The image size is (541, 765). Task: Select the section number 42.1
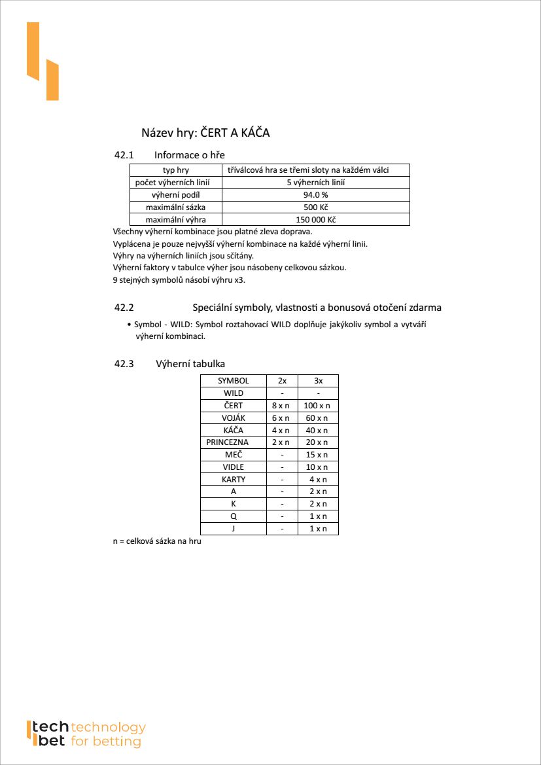pyautogui.click(x=124, y=155)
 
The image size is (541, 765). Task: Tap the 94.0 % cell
pyautogui.click(x=315, y=195)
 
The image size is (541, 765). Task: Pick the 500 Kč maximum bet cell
pyautogui.click(x=315, y=207)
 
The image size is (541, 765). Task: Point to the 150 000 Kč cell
pyautogui.click(x=315, y=220)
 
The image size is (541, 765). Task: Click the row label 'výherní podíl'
pyautogui.click(x=175, y=195)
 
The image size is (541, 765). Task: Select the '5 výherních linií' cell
pyautogui.click(x=315, y=183)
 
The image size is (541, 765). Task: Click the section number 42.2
pyautogui.click(x=124, y=307)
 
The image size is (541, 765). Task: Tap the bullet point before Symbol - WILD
pyautogui.click(x=129, y=325)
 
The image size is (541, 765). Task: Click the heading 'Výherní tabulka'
pyautogui.click(x=191, y=364)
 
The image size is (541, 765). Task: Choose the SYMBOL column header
pyautogui.click(x=233, y=381)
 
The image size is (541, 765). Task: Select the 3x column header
pyautogui.click(x=318, y=381)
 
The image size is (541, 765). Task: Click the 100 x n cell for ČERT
pyautogui.click(x=318, y=406)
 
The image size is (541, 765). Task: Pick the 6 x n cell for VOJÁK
pyautogui.click(x=281, y=418)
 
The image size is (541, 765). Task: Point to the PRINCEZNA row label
pyautogui.click(x=227, y=442)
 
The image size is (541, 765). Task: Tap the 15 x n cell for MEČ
pyautogui.click(x=318, y=455)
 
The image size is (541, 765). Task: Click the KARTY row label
pyautogui.click(x=233, y=480)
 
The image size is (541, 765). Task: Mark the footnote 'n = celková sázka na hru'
pyautogui.click(x=157, y=541)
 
